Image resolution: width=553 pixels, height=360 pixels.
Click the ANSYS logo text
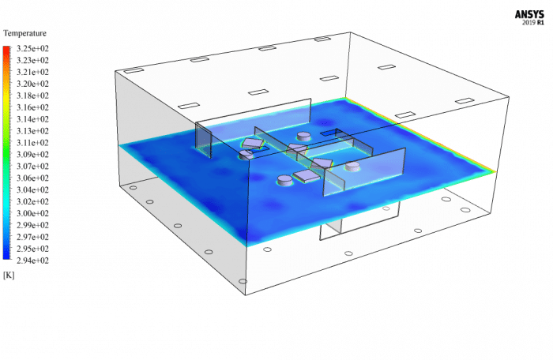pyautogui.click(x=531, y=13)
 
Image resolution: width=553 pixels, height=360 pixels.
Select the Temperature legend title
pyautogui.click(x=25, y=33)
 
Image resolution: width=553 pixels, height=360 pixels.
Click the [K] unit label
pyautogui.click(x=9, y=275)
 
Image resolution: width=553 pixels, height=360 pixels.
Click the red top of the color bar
pyautogui.click(x=6, y=50)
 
